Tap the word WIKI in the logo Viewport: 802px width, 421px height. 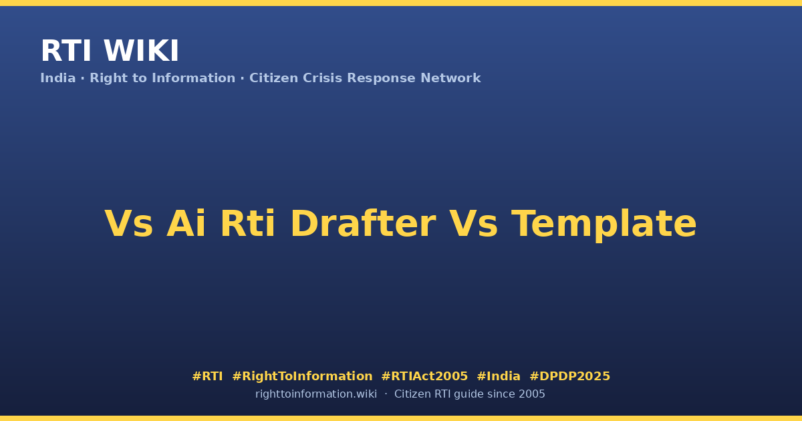[x=141, y=51]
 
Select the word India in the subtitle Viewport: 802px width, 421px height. [x=58, y=78]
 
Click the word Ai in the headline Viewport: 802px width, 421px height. [x=186, y=223]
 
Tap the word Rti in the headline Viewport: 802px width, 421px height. [x=248, y=223]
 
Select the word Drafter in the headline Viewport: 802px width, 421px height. [x=363, y=223]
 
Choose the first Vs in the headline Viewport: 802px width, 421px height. [x=128, y=223]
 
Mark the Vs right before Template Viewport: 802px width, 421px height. [x=473, y=223]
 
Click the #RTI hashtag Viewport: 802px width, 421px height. [x=207, y=376]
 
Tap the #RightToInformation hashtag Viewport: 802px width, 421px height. [x=302, y=377]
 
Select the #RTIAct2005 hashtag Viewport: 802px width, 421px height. [x=424, y=376]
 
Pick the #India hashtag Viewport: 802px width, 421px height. [x=499, y=376]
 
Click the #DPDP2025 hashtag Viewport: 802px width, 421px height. [x=569, y=376]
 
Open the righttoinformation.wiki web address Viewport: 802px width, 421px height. [x=316, y=394]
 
